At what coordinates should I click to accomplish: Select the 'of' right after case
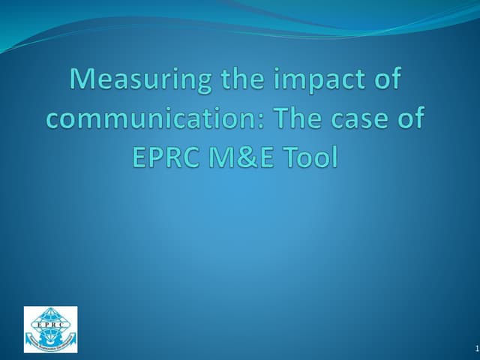pos(408,120)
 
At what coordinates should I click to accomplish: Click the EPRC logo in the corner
pos(50,328)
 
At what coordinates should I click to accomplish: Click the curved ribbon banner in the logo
pos(50,346)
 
